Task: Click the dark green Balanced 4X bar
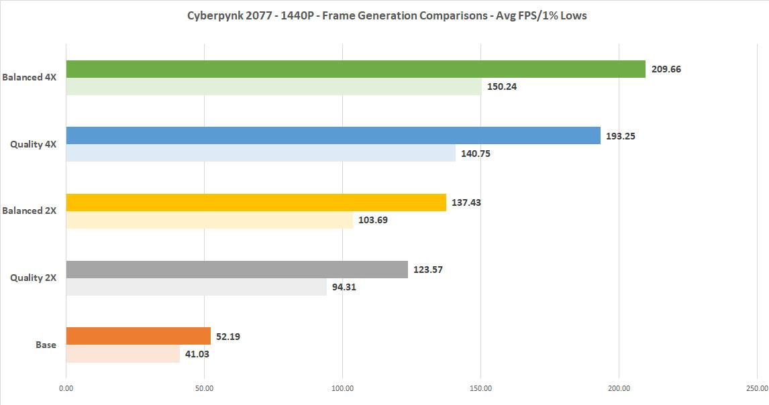[356, 69]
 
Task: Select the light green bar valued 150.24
[274, 86]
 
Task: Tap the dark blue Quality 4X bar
[333, 135]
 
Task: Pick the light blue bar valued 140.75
[260, 153]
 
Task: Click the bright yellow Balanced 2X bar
[256, 202]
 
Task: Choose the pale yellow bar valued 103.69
[209, 220]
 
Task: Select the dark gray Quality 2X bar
[237, 270]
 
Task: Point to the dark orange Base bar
[138, 336]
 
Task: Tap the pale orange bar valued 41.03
[123, 353]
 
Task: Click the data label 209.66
[666, 69]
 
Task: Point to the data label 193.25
[620, 136]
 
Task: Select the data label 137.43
[466, 202]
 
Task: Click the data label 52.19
[229, 337]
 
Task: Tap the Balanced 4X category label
[29, 77]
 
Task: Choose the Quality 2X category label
[32, 278]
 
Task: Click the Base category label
[46, 345]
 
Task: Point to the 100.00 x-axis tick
[342, 388]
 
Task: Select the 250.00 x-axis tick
[757, 388]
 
